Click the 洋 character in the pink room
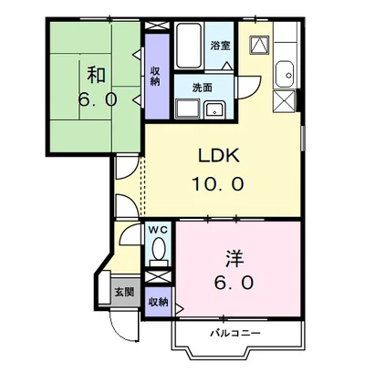(235, 256)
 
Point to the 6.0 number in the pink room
(235, 283)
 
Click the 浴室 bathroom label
(219, 45)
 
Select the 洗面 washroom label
(202, 88)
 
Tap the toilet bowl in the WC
(159, 248)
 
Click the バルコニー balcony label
(239, 332)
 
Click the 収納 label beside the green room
(156, 75)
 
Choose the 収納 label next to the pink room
(158, 302)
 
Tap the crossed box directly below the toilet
(159, 273)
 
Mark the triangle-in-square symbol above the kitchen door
(259, 45)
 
